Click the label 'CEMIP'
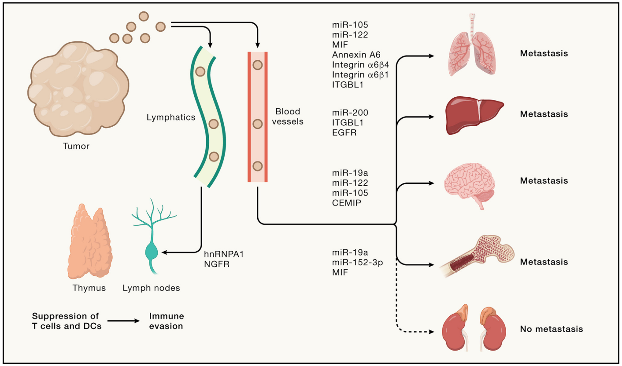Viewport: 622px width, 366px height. click(x=344, y=202)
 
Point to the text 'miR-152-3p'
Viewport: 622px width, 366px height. click(x=353, y=263)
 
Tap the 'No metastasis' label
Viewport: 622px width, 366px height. click(x=551, y=329)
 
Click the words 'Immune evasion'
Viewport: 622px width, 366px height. click(x=167, y=321)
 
